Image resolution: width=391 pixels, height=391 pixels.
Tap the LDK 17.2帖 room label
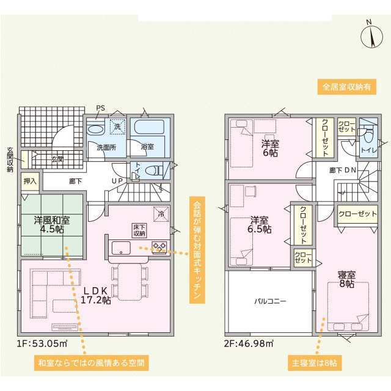[x=95, y=296]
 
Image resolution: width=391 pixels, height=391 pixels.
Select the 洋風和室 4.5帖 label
[x=52, y=224]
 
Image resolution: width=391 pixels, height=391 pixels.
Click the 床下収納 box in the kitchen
[x=139, y=230]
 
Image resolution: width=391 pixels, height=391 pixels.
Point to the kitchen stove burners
[x=159, y=247]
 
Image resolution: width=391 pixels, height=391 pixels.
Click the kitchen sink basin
[x=121, y=248]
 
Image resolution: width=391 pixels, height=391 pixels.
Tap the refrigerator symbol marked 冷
[x=161, y=214]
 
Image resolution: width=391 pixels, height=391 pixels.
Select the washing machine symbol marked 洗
[x=117, y=126]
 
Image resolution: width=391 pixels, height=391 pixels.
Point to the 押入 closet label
[x=30, y=181]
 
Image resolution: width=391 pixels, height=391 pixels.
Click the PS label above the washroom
[x=100, y=108]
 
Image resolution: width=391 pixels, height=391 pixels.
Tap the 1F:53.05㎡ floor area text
[x=42, y=343]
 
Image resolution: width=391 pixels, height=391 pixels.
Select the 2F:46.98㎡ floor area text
[x=249, y=343]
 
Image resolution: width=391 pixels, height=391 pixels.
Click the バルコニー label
[x=270, y=301]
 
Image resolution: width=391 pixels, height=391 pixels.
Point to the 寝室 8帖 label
[x=346, y=279]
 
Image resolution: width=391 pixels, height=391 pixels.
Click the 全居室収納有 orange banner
[x=346, y=87]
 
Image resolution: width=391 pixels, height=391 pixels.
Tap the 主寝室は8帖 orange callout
[x=315, y=362]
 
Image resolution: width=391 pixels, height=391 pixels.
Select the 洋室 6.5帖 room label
[x=259, y=225]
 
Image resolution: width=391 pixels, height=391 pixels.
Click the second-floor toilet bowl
[x=368, y=136]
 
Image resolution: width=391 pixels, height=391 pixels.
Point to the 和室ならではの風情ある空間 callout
[x=91, y=362]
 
